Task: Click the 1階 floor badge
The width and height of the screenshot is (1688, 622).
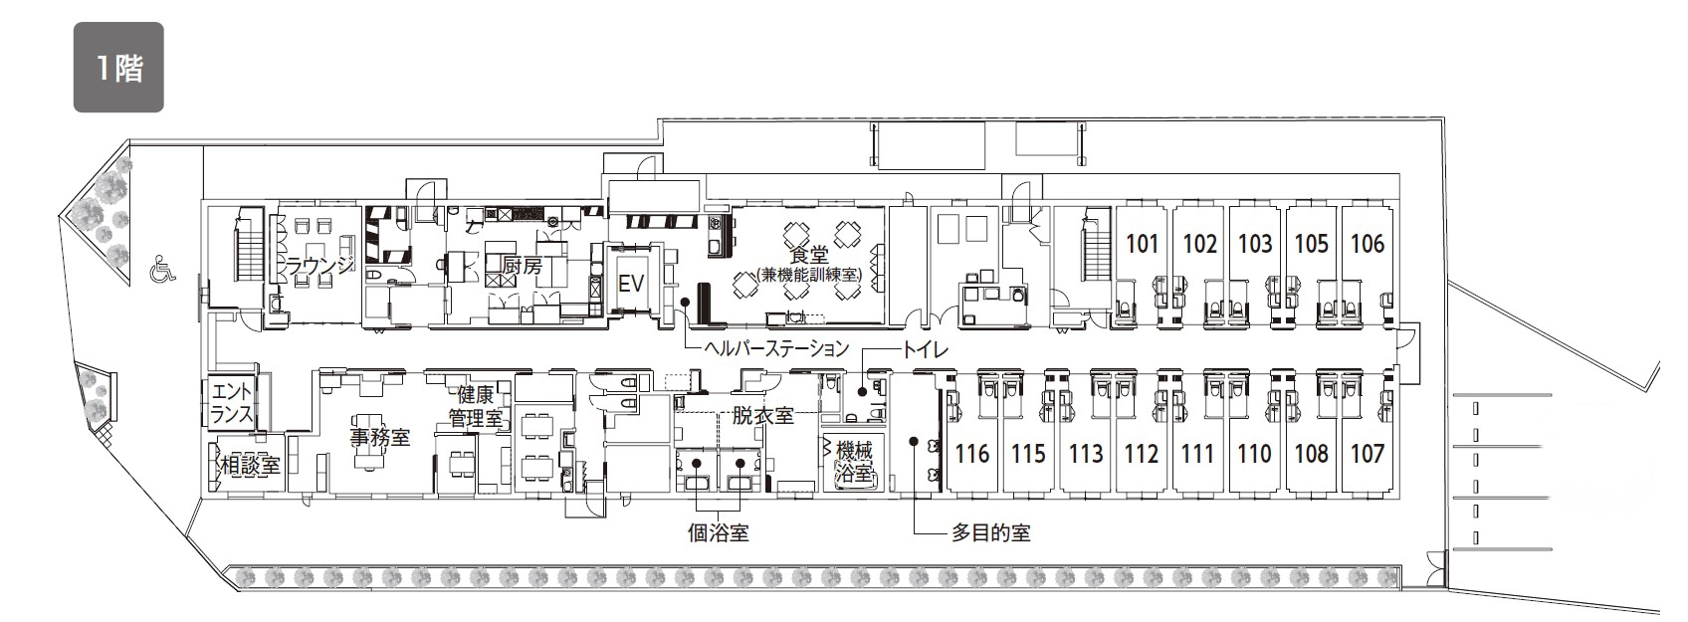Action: pos(118,67)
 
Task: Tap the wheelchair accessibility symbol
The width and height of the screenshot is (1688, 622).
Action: pos(162,269)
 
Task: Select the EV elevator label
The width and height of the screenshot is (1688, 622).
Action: pos(631,283)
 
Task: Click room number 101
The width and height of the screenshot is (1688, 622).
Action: pos(1143,244)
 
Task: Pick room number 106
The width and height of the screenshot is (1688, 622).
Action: pos(1368,244)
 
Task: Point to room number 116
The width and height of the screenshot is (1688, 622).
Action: pos(972,454)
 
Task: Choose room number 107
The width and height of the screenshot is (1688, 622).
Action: pos(1368,454)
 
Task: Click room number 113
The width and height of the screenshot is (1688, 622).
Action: pos(1086,454)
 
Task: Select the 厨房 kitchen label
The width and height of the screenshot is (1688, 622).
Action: pos(523,265)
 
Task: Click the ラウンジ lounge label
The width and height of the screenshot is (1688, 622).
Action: pos(319,265)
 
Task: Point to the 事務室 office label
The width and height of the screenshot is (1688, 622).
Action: pos(380,437)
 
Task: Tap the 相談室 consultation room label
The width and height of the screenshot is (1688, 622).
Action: pos(250,465)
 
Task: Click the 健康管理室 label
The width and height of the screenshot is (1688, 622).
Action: pos(476,406)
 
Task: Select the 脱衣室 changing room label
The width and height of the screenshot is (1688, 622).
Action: pos(762,415)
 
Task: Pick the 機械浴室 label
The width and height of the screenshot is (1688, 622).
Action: pos(854,462)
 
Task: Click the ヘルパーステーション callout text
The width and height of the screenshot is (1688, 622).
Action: pos(776,348)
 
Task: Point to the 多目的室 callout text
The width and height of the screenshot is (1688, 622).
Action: pos(990,533)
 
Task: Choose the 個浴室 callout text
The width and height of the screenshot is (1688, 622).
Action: pos(719,533)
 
